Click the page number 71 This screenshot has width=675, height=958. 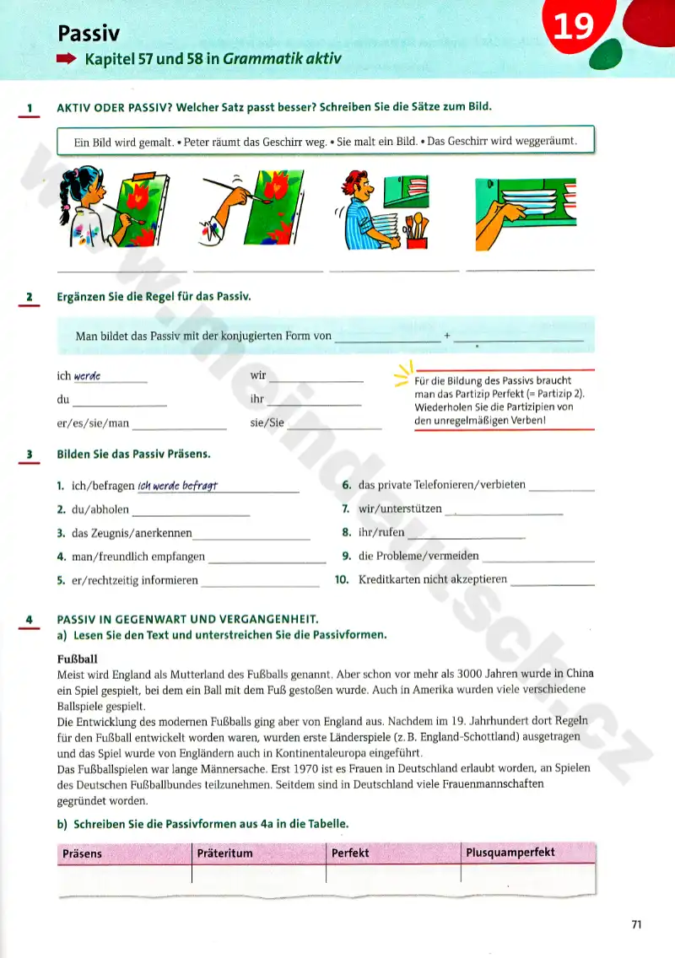636,925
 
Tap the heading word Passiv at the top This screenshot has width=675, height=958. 89,33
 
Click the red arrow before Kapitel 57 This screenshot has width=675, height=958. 67,60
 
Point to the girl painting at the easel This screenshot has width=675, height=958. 84,213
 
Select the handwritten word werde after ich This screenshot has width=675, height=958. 88,376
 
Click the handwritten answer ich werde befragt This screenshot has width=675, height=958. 178,485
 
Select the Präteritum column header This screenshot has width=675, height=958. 224,853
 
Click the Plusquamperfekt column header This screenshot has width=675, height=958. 510,853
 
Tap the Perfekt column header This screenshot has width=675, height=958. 350,853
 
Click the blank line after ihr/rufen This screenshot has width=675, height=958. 466,534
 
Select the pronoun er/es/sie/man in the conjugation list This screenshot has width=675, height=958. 93,423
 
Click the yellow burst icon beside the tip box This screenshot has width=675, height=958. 403,372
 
